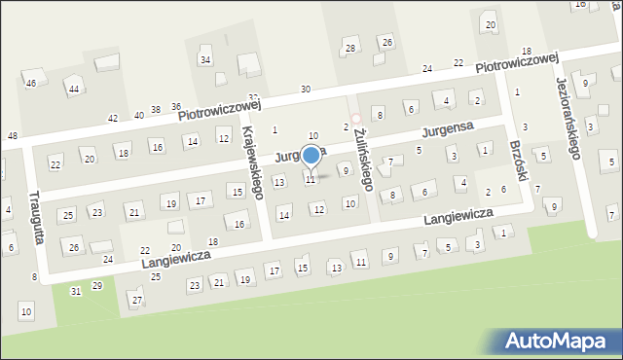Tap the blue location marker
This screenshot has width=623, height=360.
pyautogui.click(x=311, y=155)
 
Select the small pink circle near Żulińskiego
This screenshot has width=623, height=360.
pyautogui.click(x=355, y=119)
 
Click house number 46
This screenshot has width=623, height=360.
pyautogui.click(x=31, y=84)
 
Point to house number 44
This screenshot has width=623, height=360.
pyautogui.click(x=73, y=90)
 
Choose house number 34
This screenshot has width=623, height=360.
pyautogui.click(x=205, y=60)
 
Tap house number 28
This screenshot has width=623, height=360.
pyautogui.click(x=350, y=48)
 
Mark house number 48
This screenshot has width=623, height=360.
pyautogui.click(x=12, y=135)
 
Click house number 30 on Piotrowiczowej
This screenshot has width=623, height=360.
pyautogui.click(x=306, y=90)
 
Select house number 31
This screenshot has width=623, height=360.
pyautogui.click(x=76, y=291)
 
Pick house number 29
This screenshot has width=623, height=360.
pyautogui.click(x=96, y=285)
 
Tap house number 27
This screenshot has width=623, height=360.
pyautogui.click(x=136, y=299)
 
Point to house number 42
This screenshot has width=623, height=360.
pyautogui.click(x=113, y=118)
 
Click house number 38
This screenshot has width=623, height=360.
pyautogui.click(x=155, y=111)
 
